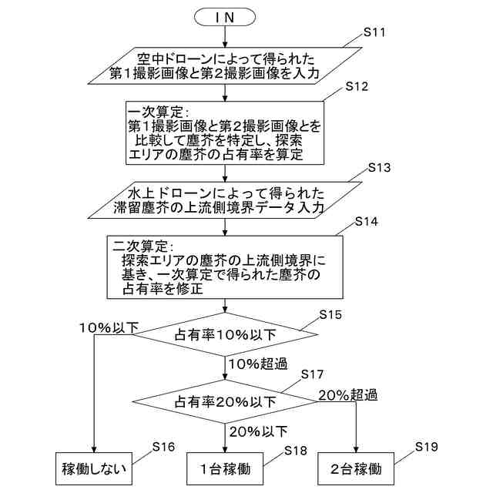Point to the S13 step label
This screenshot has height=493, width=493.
pyautogui.click(x=380, y=166)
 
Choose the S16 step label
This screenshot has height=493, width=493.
pyautogui.click(x=163, y=447)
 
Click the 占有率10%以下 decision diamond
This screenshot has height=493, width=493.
pyautogui.click(x=225, y=334)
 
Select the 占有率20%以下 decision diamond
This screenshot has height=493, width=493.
pyautogui.click(x=225, y=401)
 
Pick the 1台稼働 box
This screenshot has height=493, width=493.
pyautogui.click(x=224, y=468)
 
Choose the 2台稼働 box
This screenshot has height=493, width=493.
pyautogui.click(x=356, y=468)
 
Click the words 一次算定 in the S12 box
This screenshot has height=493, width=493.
pyautogui.click(x=157, y=110)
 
